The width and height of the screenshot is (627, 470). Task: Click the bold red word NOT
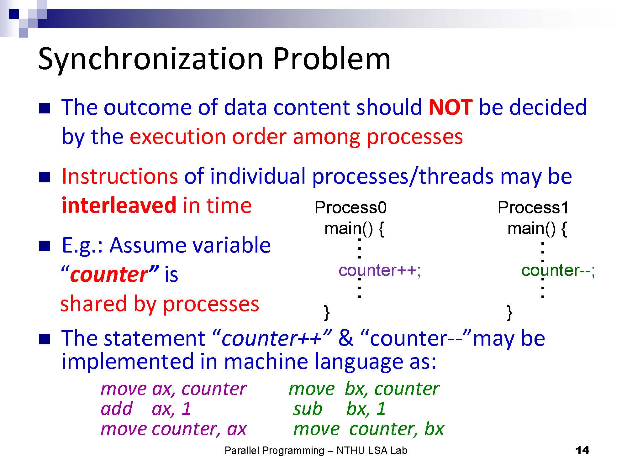450,107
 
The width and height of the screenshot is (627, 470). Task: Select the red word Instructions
120,176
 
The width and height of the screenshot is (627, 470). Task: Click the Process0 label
350,207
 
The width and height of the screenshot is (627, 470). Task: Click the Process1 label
533,207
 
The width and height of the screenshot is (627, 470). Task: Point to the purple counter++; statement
380,270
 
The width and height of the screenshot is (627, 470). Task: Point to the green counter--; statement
558,270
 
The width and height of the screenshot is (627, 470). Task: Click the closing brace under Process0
327,312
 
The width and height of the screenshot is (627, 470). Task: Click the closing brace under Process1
510,312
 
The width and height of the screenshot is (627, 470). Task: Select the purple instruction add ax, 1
146,409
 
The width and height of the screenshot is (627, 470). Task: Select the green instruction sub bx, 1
339,409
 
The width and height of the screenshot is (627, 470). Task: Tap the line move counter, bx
369,429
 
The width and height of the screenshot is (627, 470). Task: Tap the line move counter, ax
174,429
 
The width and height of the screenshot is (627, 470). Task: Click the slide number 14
582,451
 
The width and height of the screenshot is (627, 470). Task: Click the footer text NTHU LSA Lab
372,451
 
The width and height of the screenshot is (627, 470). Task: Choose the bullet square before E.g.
45,246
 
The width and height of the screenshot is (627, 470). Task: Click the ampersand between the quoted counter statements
345,338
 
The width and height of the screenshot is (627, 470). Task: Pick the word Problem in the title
332,59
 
